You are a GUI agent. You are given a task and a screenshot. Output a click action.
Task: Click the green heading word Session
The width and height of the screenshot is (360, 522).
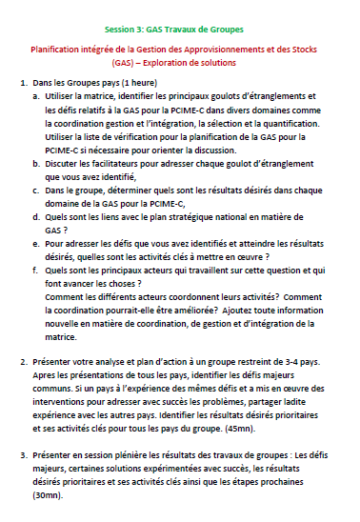pos(121,30)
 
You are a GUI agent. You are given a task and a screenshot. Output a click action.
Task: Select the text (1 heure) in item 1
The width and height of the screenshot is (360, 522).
pos(139,84)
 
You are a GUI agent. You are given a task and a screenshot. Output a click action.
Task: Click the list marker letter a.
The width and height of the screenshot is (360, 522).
pos(36,97)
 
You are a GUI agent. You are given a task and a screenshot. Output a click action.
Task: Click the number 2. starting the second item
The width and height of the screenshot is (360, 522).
pos(23,363)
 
